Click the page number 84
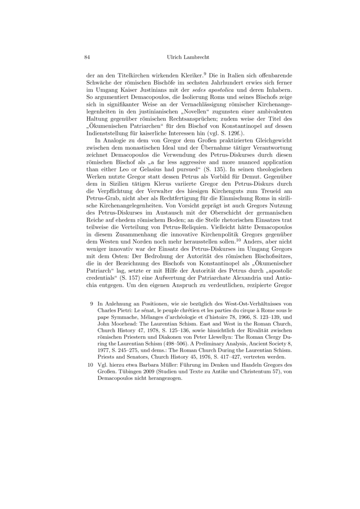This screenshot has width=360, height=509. [x=88, y=57]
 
